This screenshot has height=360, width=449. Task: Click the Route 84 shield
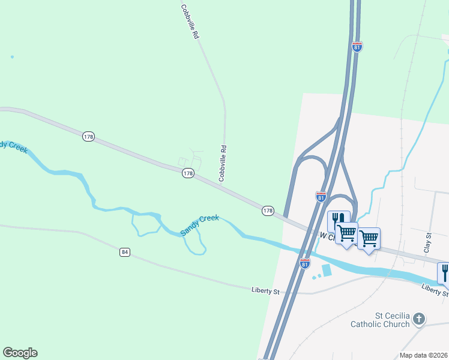coord(124,252)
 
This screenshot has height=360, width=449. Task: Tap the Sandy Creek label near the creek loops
coord(200,225)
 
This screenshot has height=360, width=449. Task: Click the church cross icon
coord(419,319)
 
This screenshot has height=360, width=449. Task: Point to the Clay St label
coord(428,243)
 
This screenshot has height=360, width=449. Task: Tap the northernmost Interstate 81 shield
coord(357,47)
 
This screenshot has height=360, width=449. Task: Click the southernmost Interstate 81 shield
coord(305,263)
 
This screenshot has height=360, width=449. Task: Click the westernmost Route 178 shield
coord(88,137)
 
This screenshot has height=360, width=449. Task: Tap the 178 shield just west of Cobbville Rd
coord(188,173)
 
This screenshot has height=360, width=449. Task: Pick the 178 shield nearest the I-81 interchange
coord(268,211)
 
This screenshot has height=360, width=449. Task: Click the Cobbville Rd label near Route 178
coord(223,163)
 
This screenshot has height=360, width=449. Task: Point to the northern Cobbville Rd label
coord(189,22)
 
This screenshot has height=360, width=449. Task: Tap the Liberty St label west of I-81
coord(265,291)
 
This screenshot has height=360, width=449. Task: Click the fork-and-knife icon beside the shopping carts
coord(338,221)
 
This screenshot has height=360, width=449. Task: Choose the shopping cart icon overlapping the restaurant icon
coord(347,233)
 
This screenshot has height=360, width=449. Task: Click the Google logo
coord(20,353)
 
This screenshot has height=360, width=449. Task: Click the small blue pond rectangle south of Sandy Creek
coord(327,271)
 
